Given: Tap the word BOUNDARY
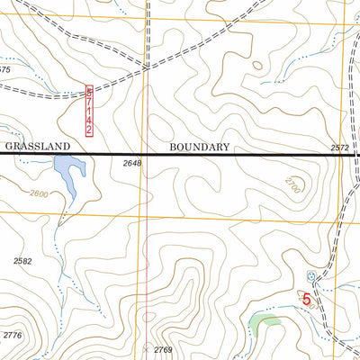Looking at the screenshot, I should coord(200,145).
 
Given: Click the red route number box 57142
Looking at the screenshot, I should coord(89,111).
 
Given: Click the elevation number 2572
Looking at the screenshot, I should coord(339,148).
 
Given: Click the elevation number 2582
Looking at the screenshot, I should coord(23,261).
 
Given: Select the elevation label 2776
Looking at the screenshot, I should coord(12,336).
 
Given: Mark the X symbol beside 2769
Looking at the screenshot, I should coord(147,348).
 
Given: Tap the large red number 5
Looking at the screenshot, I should coord(307,297).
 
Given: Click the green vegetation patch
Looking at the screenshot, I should coord(265,321).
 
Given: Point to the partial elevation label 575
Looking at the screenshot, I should coord(5,69).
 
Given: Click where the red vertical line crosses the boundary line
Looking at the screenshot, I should coord(144,155).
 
